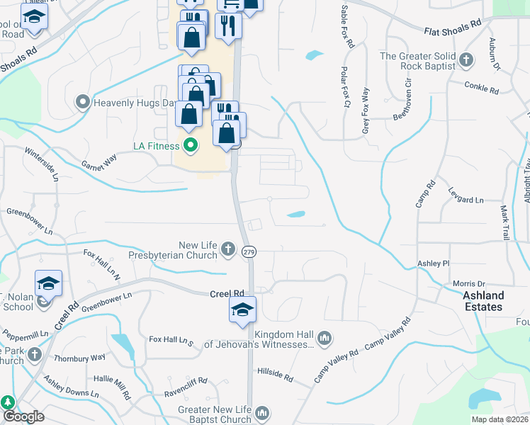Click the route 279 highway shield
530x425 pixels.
pos(248,251)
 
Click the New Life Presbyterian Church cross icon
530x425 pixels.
pos(227,249)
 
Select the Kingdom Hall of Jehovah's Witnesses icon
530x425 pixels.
pos(325,337)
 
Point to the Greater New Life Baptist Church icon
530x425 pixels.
pos(262,413)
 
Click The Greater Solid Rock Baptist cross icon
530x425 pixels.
pos(466,59)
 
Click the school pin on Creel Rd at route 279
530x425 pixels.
pos(242,310)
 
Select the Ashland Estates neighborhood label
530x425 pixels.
pos(484,301)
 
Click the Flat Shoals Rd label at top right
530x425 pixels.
pos(453,27)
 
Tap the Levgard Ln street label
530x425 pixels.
pos(466,195)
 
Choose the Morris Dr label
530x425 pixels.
pos(468,283)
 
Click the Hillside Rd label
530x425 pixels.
pos(275,374)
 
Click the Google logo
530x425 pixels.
pos(23,416)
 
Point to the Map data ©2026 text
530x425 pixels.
pos(500,419)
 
